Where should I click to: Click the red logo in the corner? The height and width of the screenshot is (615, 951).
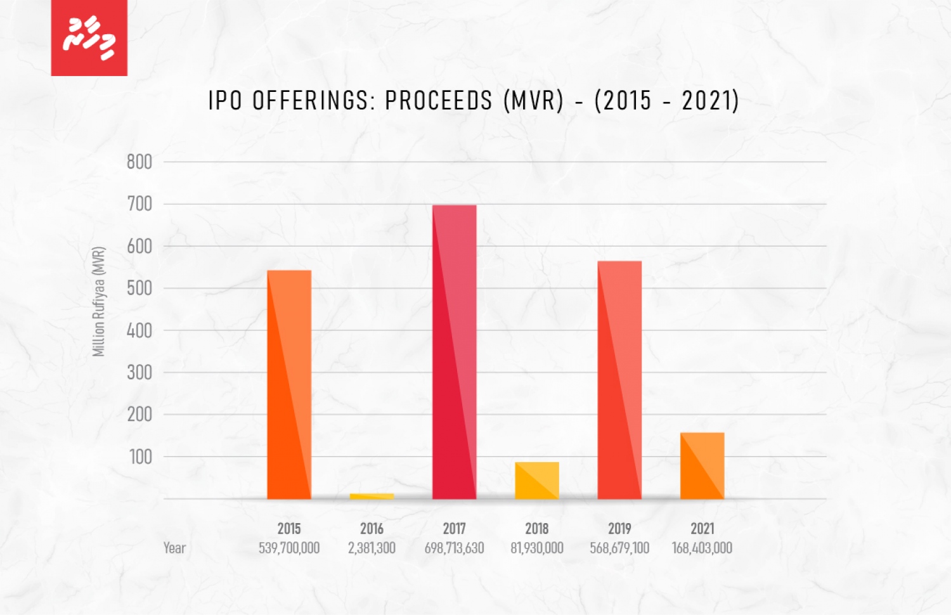tap(89, 38)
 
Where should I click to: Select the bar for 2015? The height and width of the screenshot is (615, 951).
tap(289, 384)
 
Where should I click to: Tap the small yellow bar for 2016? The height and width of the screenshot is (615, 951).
tap(372, 496)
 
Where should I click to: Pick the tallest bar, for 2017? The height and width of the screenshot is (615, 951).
tap(454, 352)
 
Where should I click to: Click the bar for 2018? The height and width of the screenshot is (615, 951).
tap(537, 480)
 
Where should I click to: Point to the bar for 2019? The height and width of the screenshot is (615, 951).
tap(619, 380)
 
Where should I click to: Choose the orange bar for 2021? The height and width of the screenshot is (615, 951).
tap(702, 465)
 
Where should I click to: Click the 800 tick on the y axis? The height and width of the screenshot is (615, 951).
tap(139, 162)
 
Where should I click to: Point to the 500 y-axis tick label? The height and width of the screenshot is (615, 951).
tap(139, 288)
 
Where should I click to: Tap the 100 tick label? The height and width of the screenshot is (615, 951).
tap(140, 456)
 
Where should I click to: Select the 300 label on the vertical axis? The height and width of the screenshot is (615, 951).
tap(139, 372)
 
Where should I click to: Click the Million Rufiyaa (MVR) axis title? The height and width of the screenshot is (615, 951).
tap(98, 301)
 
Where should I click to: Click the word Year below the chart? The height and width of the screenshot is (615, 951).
tap(174, 548)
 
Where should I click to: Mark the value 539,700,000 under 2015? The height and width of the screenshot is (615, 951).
tap(289, 548)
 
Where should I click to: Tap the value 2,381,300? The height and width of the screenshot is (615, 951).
tap(372, 548)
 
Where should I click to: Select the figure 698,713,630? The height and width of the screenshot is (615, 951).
tap(454, 548)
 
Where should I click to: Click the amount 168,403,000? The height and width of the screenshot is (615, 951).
tap(702, 548)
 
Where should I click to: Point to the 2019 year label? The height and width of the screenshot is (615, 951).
tap(619, 528)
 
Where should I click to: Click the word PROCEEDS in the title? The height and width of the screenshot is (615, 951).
tap(439, 101)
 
